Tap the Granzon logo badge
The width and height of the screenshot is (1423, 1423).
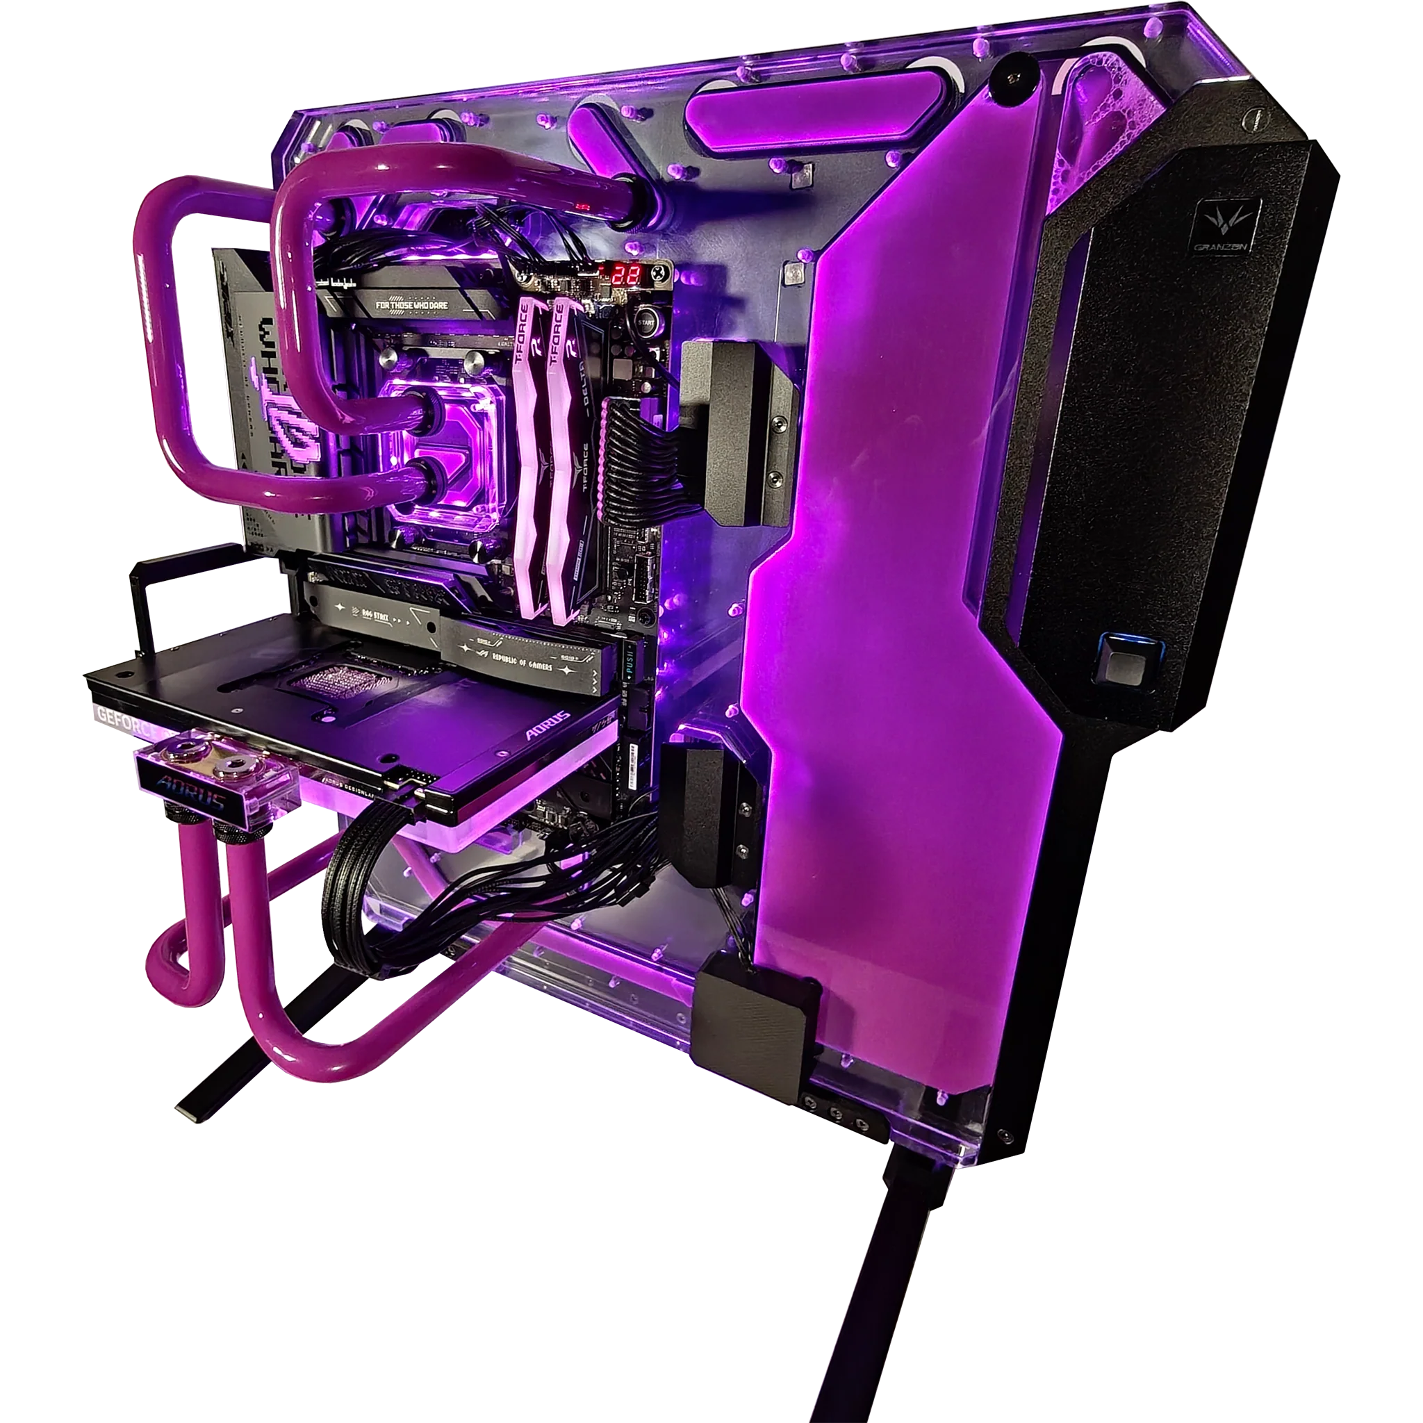point(1227,226)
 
